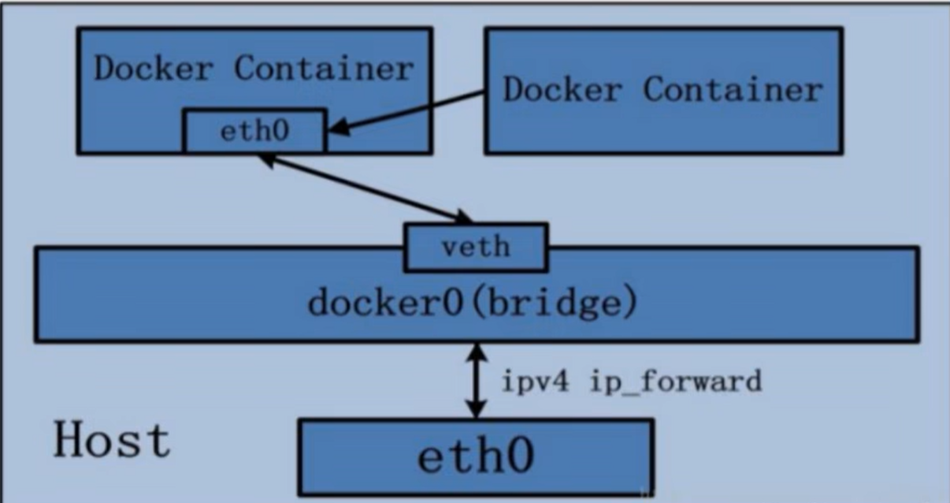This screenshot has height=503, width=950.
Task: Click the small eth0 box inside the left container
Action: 254,131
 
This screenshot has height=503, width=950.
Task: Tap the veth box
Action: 477,247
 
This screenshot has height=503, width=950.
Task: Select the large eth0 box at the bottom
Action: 476,457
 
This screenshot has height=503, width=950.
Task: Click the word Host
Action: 113,440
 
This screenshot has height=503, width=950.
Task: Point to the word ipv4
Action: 535,382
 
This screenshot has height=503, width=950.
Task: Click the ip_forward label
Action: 676,382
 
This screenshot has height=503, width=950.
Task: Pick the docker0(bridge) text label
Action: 473,301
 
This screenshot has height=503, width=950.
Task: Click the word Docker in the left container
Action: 154,68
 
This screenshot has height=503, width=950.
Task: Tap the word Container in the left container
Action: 324,68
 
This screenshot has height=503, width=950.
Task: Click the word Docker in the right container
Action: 562,89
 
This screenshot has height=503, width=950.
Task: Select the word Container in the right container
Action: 733,89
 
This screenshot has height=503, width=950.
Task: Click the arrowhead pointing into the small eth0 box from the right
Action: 339,128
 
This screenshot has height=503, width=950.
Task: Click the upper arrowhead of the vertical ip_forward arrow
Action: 477,352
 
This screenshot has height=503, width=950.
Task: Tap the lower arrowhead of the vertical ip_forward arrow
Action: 477,408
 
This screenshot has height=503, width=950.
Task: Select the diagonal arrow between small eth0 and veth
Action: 365,189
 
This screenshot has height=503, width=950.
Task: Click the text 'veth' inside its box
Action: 476,247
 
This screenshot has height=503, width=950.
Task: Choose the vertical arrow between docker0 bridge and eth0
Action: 477,381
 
